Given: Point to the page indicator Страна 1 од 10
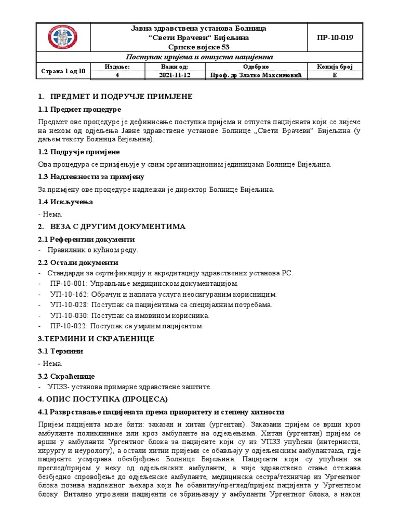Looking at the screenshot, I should [63, 71].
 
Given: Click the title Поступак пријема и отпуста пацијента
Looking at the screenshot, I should [200, 57].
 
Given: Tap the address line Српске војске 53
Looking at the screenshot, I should [200, 47].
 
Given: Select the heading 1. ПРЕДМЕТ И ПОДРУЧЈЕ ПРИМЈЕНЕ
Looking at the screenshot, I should [115, 97].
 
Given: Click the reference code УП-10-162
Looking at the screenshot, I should [68, 294].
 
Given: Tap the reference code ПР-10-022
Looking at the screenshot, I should [68, 326].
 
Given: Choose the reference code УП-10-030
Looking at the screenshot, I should [68, 315].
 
